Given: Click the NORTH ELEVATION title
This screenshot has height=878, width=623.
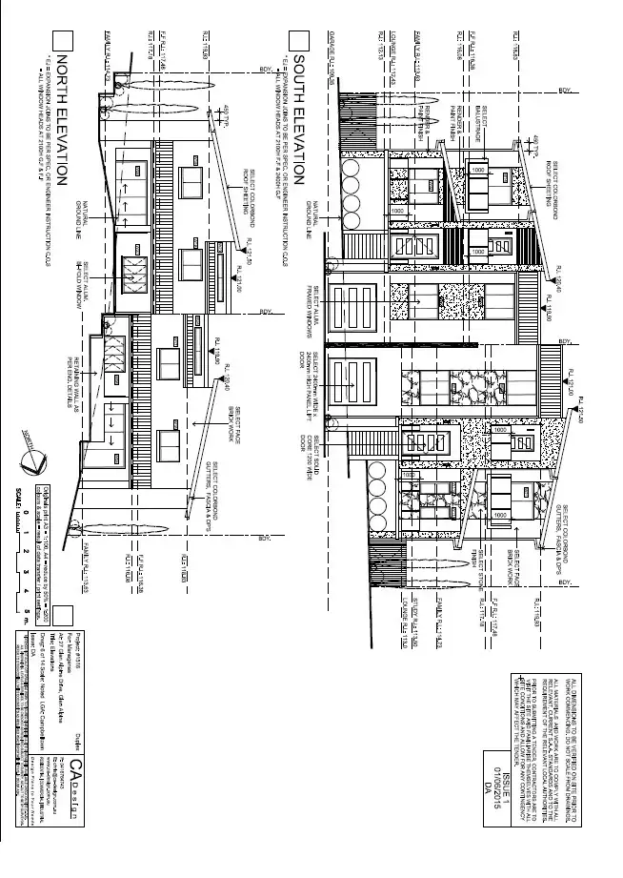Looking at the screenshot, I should (63, 119).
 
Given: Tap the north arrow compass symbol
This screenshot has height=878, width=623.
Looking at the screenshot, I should (33, 461).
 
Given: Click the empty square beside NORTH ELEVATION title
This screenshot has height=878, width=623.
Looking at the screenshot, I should (63, 40).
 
